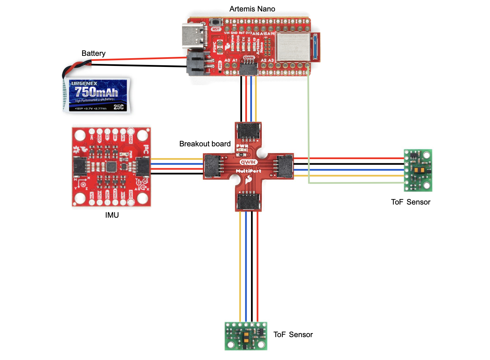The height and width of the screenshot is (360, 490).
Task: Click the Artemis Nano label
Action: (x=252, y=9)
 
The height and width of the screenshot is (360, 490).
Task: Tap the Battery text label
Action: (x=94, y=53)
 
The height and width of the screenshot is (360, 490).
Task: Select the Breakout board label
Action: (x=205, y=144)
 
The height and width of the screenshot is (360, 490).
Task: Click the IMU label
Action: (x=112, y=215)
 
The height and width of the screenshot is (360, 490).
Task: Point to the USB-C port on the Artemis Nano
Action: (x=194, y=36)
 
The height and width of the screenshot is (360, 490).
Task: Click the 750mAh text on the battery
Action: (x=96, y=92)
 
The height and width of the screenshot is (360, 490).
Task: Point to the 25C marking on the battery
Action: (x=118, y=107)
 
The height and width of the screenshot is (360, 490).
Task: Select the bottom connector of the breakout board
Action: (x=248, y=202)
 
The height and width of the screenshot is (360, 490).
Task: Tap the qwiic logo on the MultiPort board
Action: (x=248, y=162)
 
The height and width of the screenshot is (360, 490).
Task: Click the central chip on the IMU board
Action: (x=111, y=167)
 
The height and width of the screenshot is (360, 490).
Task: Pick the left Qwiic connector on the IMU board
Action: (x=80, y=167)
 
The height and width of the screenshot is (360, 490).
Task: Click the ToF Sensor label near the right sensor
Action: (x=411, y=202)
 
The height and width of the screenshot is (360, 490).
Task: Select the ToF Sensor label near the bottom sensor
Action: (x=293, y=335)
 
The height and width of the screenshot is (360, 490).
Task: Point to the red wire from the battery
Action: (x=138, y=59)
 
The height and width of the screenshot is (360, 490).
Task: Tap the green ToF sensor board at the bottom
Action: (x=246, y=336)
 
